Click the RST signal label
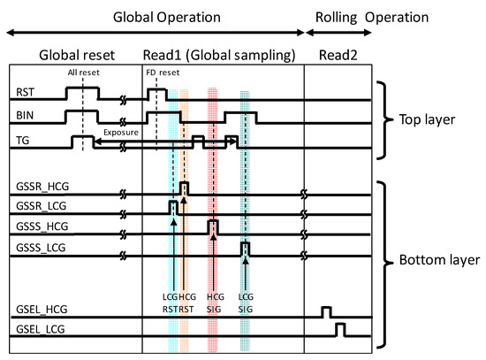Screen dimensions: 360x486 (26, 92)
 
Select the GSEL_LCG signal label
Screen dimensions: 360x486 (42, 330)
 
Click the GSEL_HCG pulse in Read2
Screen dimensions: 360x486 (326, 312)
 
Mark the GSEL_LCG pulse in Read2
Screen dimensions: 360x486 (340, 331)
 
